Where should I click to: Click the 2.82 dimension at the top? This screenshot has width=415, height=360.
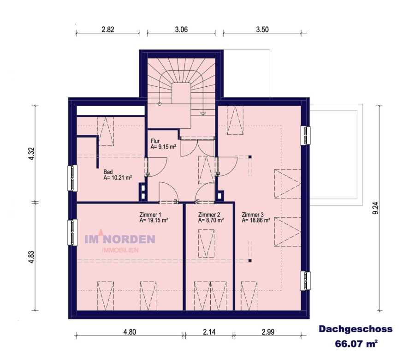pyautogui.click(x=108, y=30)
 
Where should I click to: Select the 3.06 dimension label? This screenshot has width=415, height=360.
pyautogui.click(x=181, y=30)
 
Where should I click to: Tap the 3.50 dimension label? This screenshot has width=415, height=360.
pyautogui.click(x=262, y=30)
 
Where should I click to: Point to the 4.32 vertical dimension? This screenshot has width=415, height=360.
pyautogui.click(x=31, y=154)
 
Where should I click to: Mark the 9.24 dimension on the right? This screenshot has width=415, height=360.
pyautogui.click(x=375, y=208)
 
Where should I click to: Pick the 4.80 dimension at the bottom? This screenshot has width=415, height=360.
pyautogui.click(x=130, y=332)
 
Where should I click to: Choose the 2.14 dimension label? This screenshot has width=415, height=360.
pyautogui.click(x=209, y=332)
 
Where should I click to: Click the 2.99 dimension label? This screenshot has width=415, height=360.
pyautogui.click(x=268, y=332)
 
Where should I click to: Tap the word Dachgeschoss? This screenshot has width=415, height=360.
pyautogui.click(x=356, y=329)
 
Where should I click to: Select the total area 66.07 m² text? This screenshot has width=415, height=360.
pyautogui.click(x=356, y=344)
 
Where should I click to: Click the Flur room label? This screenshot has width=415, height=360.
pyautogui.click(x=155, y=141)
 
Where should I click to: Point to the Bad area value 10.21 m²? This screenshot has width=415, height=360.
pyautogui.click(x=118, y=178)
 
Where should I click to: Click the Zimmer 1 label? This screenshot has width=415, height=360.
pyautogui.click(x=150, y=215)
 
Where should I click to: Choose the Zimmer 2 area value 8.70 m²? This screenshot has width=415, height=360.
pyautogui.click(x=211, y=220)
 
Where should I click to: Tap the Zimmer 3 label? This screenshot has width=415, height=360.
pyautogui.click(x=253, y=215)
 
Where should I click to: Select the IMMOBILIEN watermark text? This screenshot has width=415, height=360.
pyautogui.click(x=120, y=250)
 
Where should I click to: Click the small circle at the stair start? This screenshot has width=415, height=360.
pyautogui.click(x=160, y=104)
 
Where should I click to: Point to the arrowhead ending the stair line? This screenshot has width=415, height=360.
pyautogui.click(x=203, y=114)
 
